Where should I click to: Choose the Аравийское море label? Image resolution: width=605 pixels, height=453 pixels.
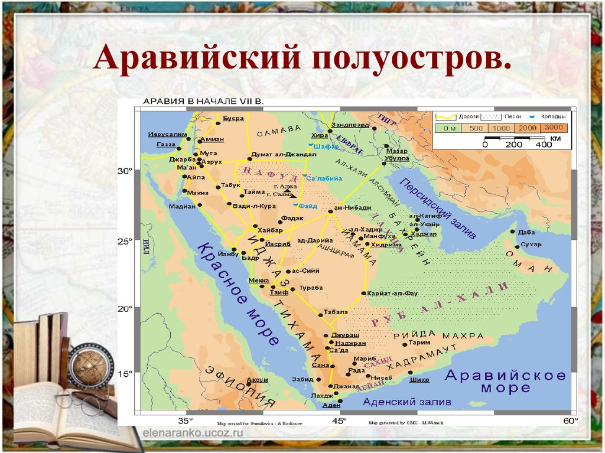point(505,381)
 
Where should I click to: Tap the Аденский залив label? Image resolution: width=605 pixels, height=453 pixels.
point(407,402)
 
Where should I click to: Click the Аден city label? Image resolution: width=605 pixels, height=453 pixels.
point(331,406)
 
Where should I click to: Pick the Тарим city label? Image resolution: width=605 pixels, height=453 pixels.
point(419,343)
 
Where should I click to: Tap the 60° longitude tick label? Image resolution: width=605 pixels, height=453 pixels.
point(570,421)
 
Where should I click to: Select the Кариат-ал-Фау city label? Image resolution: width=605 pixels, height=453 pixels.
point(392,293)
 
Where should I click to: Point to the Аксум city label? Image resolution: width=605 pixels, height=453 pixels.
point(258,379)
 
